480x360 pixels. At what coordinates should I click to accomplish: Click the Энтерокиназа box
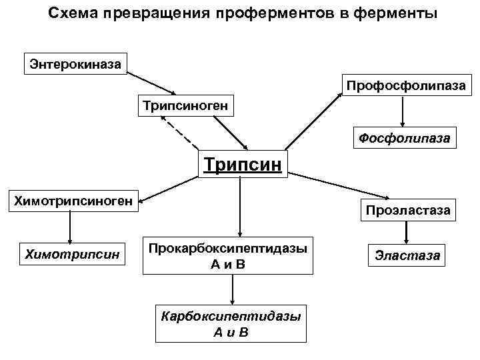point(76,64)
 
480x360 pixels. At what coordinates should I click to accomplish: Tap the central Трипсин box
point(243,163)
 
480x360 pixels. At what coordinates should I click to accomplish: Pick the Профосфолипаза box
point(409,86)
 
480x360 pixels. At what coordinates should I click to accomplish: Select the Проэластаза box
point(407,210)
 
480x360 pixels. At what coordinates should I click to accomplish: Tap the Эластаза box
point(407,255)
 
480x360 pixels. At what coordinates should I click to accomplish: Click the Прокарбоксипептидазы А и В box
point(228,255)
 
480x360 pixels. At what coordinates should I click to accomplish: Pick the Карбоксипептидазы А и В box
point(230,323)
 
